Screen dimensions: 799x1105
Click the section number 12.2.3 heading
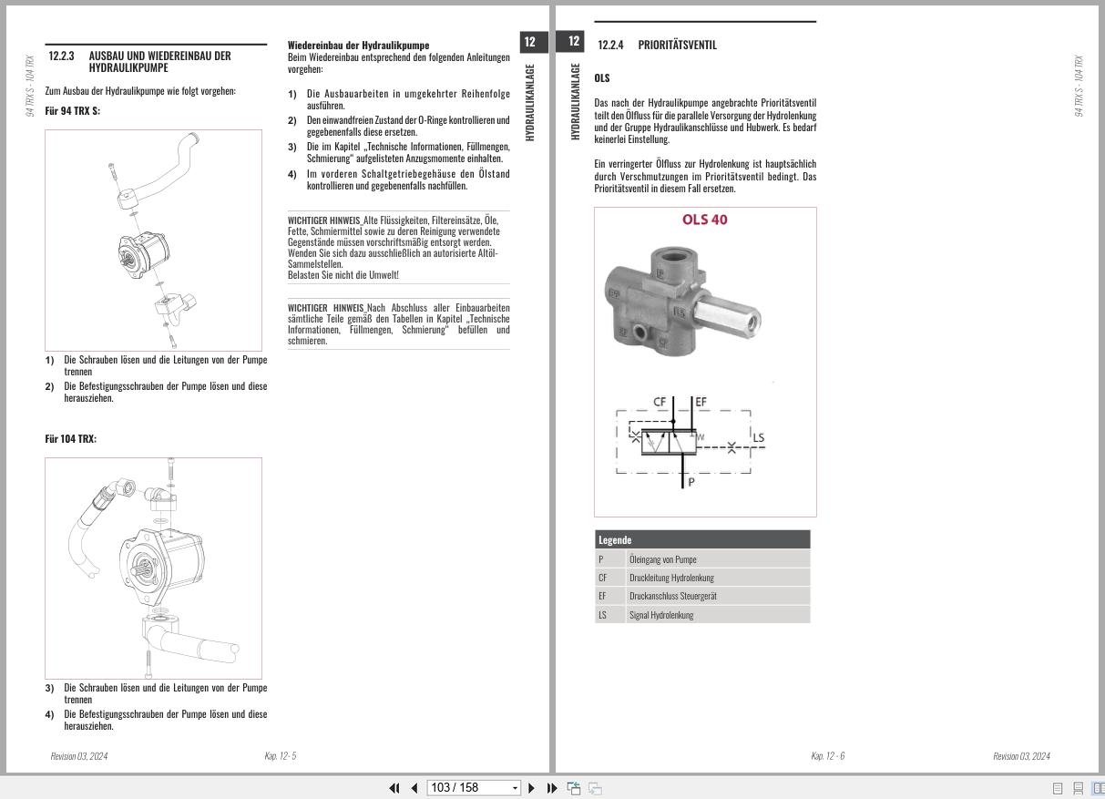pos(61,56)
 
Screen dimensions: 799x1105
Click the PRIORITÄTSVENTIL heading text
pos(677,45)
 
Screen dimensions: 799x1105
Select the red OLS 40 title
pos(705,220)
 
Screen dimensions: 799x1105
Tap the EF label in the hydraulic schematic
pos(701,402)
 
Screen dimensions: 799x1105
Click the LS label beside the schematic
pos(758,437)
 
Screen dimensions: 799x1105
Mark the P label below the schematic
pos(691,482)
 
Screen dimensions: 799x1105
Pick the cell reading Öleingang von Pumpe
pos(662,559)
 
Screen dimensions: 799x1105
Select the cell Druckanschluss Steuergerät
pos(672,596)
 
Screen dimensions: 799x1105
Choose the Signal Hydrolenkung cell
pos(660,615)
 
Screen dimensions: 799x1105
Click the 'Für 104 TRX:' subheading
pos(70,439)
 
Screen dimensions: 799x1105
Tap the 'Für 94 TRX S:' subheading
pos(72,110)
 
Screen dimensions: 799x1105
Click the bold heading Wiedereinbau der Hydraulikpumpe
pos(358,45)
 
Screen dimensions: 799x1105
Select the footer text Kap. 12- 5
pos(280,756)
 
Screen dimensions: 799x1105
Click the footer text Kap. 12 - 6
pos(827,756)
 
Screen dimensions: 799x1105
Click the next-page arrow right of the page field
pos(532,788)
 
